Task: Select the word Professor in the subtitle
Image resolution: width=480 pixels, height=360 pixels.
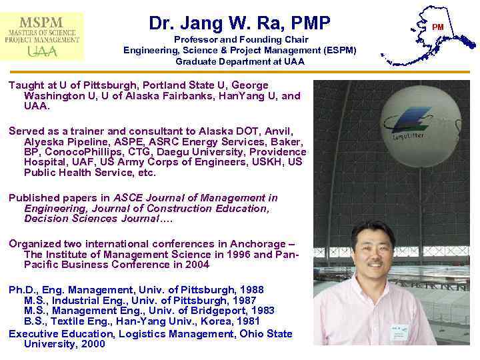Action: pos(195,39)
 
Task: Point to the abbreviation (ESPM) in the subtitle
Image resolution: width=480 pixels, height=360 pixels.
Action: pos(337,50)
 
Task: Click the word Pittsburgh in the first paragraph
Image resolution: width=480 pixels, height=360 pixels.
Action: pos(97,85)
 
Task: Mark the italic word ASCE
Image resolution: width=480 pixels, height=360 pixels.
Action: pos(127,198)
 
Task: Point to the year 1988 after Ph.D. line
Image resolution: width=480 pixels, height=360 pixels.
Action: pos(250,290)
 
